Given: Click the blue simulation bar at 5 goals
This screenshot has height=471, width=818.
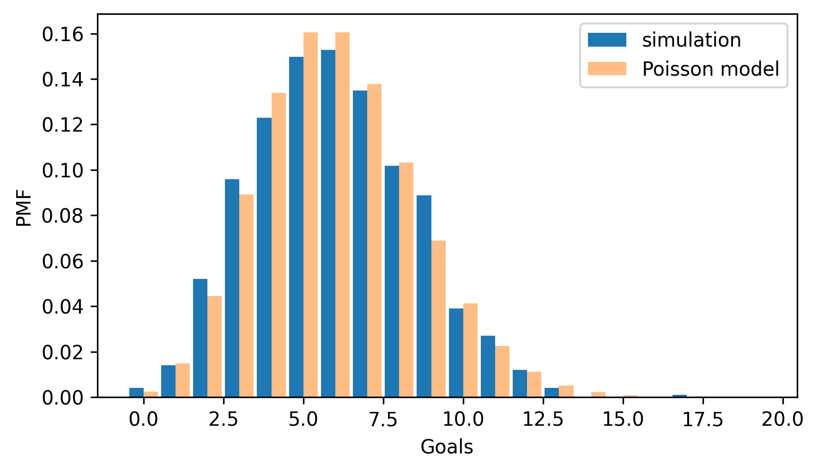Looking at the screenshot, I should [296, 227].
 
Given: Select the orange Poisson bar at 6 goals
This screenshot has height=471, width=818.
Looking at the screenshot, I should [342, 215].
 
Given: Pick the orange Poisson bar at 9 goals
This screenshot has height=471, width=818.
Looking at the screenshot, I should [438, 319].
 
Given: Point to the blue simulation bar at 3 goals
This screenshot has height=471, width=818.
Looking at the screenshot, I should [232, 288].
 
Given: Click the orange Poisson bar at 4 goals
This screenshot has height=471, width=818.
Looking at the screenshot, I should [279, 245].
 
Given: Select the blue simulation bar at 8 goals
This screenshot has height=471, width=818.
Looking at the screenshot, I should [392, 281].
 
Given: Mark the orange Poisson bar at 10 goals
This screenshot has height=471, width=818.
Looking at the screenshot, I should [470, 350].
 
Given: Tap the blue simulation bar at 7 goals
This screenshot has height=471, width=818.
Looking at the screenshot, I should [360, 244].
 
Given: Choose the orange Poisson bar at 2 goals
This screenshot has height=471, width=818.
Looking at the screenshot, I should [214, 346].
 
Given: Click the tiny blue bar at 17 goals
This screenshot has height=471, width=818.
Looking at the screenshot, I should [679, 396].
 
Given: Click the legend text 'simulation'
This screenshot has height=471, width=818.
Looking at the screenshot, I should [691, 40].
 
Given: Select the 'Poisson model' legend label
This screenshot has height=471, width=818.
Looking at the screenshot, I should [710, 69].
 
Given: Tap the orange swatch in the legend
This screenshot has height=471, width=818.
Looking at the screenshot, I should [606, 69].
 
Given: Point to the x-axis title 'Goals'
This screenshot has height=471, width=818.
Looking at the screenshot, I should [447, 447].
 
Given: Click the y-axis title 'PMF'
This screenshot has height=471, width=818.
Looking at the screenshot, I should [24, 208].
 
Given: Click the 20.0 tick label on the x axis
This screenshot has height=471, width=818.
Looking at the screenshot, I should [782, 420].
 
